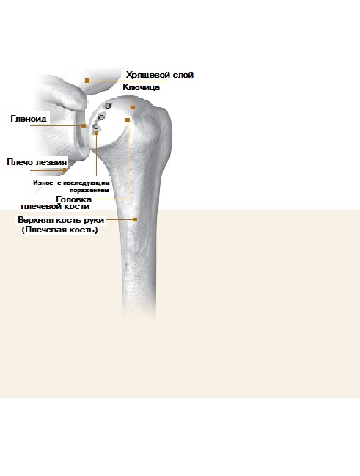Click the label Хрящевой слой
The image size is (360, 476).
160,75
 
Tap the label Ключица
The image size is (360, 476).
142,87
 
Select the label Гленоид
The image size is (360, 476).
29,118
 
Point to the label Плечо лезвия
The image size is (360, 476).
37,162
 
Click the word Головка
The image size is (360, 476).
74,199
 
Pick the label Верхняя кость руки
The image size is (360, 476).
61,220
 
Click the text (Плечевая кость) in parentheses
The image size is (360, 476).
60,230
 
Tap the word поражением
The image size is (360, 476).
89,191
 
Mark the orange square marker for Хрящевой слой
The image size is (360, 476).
87,81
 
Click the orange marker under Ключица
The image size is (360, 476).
133,107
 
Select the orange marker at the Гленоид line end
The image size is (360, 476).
84,125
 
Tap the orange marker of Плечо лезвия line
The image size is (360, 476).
65,170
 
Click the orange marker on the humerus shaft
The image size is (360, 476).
135,219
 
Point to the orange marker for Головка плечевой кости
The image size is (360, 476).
128,120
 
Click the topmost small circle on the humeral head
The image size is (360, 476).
108,106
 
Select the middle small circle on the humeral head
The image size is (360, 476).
102,117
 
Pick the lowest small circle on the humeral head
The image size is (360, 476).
96,126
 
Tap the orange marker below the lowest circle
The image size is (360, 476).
97,133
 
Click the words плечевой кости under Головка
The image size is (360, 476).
55,206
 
